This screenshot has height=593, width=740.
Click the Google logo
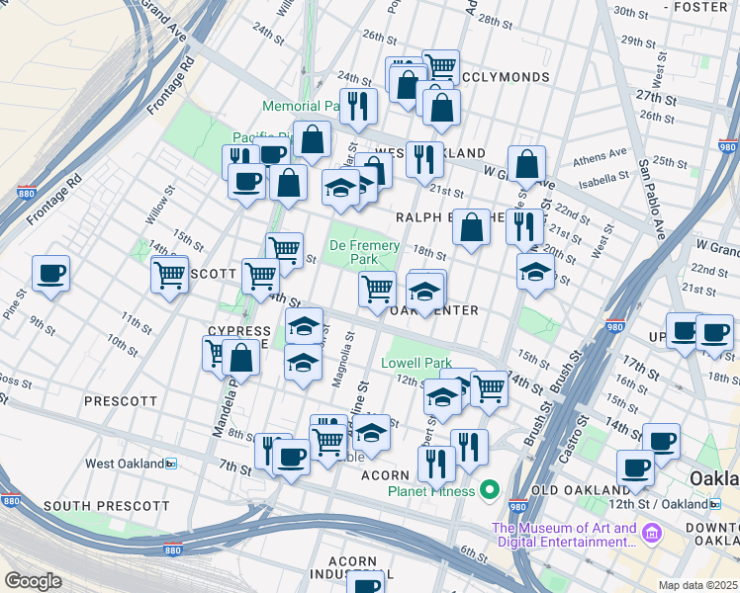pyautogui.click(x=34, y=581)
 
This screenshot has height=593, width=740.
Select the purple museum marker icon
pyautogui.click(x=651, y=535)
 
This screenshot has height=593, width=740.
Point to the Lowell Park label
pyautogui.click(x=416, y=363)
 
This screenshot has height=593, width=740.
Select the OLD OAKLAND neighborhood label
pyautogui.click(x=580, y=490)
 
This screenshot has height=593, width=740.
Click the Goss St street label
pyautogui.click(x=14, y=379)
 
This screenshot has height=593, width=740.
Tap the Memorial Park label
pyautogui.click(x=303, y=106)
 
